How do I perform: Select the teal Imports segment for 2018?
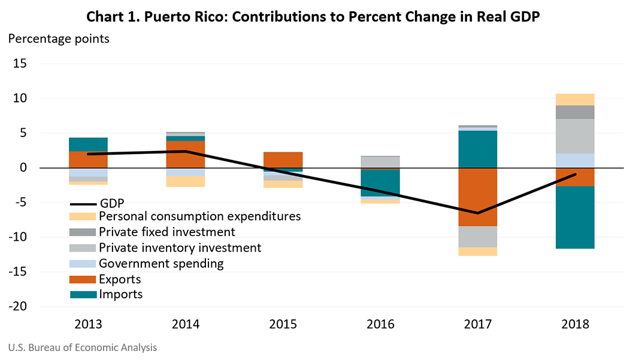coord(574,217)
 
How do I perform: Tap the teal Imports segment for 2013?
coord(88,144)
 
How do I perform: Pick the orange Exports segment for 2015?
coord(283,159)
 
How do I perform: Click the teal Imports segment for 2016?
coord(380,183)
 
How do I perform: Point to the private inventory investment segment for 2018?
coord(574,136)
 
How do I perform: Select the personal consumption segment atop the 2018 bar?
coord(574,99)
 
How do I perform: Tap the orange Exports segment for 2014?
coord(186,154)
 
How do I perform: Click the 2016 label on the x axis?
coord(380,325)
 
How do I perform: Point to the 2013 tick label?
coord(88,325)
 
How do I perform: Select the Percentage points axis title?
coord(58,40)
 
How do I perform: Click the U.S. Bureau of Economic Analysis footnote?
coord(82,347)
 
